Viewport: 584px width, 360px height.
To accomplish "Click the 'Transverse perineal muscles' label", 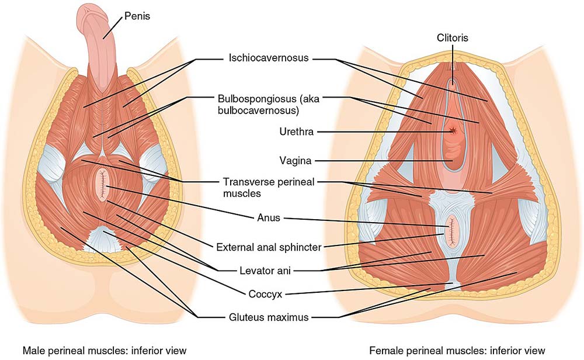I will coord(269,187).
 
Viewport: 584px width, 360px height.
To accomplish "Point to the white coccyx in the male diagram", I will coord(105,238).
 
